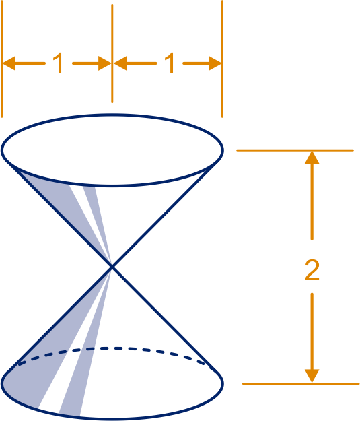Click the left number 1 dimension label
59,63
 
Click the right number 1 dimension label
170,63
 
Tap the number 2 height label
312,270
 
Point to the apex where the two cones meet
112,266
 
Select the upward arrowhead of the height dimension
312,158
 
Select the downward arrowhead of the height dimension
312,376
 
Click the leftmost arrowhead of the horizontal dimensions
9,63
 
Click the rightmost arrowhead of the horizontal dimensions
215,63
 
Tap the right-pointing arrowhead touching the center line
105,63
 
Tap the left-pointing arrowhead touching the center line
120,63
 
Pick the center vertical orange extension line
112,53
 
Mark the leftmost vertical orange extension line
2,59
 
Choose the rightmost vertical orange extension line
222,59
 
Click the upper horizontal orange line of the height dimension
295,150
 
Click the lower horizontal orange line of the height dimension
301,384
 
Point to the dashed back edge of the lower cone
112,348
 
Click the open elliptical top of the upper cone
112,115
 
